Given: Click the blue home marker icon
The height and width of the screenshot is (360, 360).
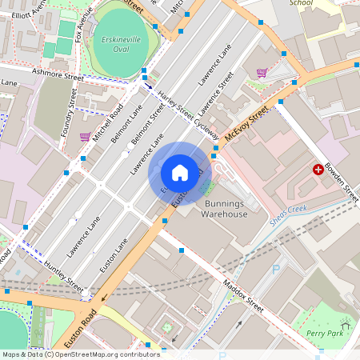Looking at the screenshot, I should [x=179, y=173].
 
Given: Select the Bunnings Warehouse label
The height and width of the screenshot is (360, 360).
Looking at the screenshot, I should [x=223, y=209].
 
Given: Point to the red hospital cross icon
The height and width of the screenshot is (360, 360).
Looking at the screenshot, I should [x=318, y=170].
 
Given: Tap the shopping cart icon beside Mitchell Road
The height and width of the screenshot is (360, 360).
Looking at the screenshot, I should [x=85, y=137].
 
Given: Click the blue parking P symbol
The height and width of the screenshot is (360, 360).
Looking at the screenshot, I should [x=276, y=270].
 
